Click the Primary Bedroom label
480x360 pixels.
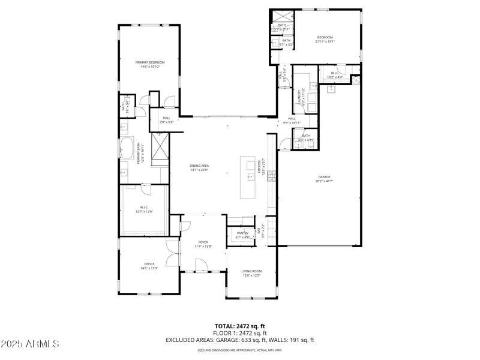149,64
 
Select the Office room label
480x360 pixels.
149,266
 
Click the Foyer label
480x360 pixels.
203,244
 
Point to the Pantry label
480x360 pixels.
242,235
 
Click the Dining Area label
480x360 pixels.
199,167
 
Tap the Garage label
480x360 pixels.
324,179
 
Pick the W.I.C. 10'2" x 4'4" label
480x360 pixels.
335,75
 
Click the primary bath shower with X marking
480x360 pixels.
160,150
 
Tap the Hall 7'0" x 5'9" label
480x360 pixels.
166,120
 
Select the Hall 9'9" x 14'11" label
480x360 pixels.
292,120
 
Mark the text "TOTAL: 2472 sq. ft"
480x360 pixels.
240,326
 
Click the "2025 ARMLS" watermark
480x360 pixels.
30,344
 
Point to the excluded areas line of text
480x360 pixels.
240,340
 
